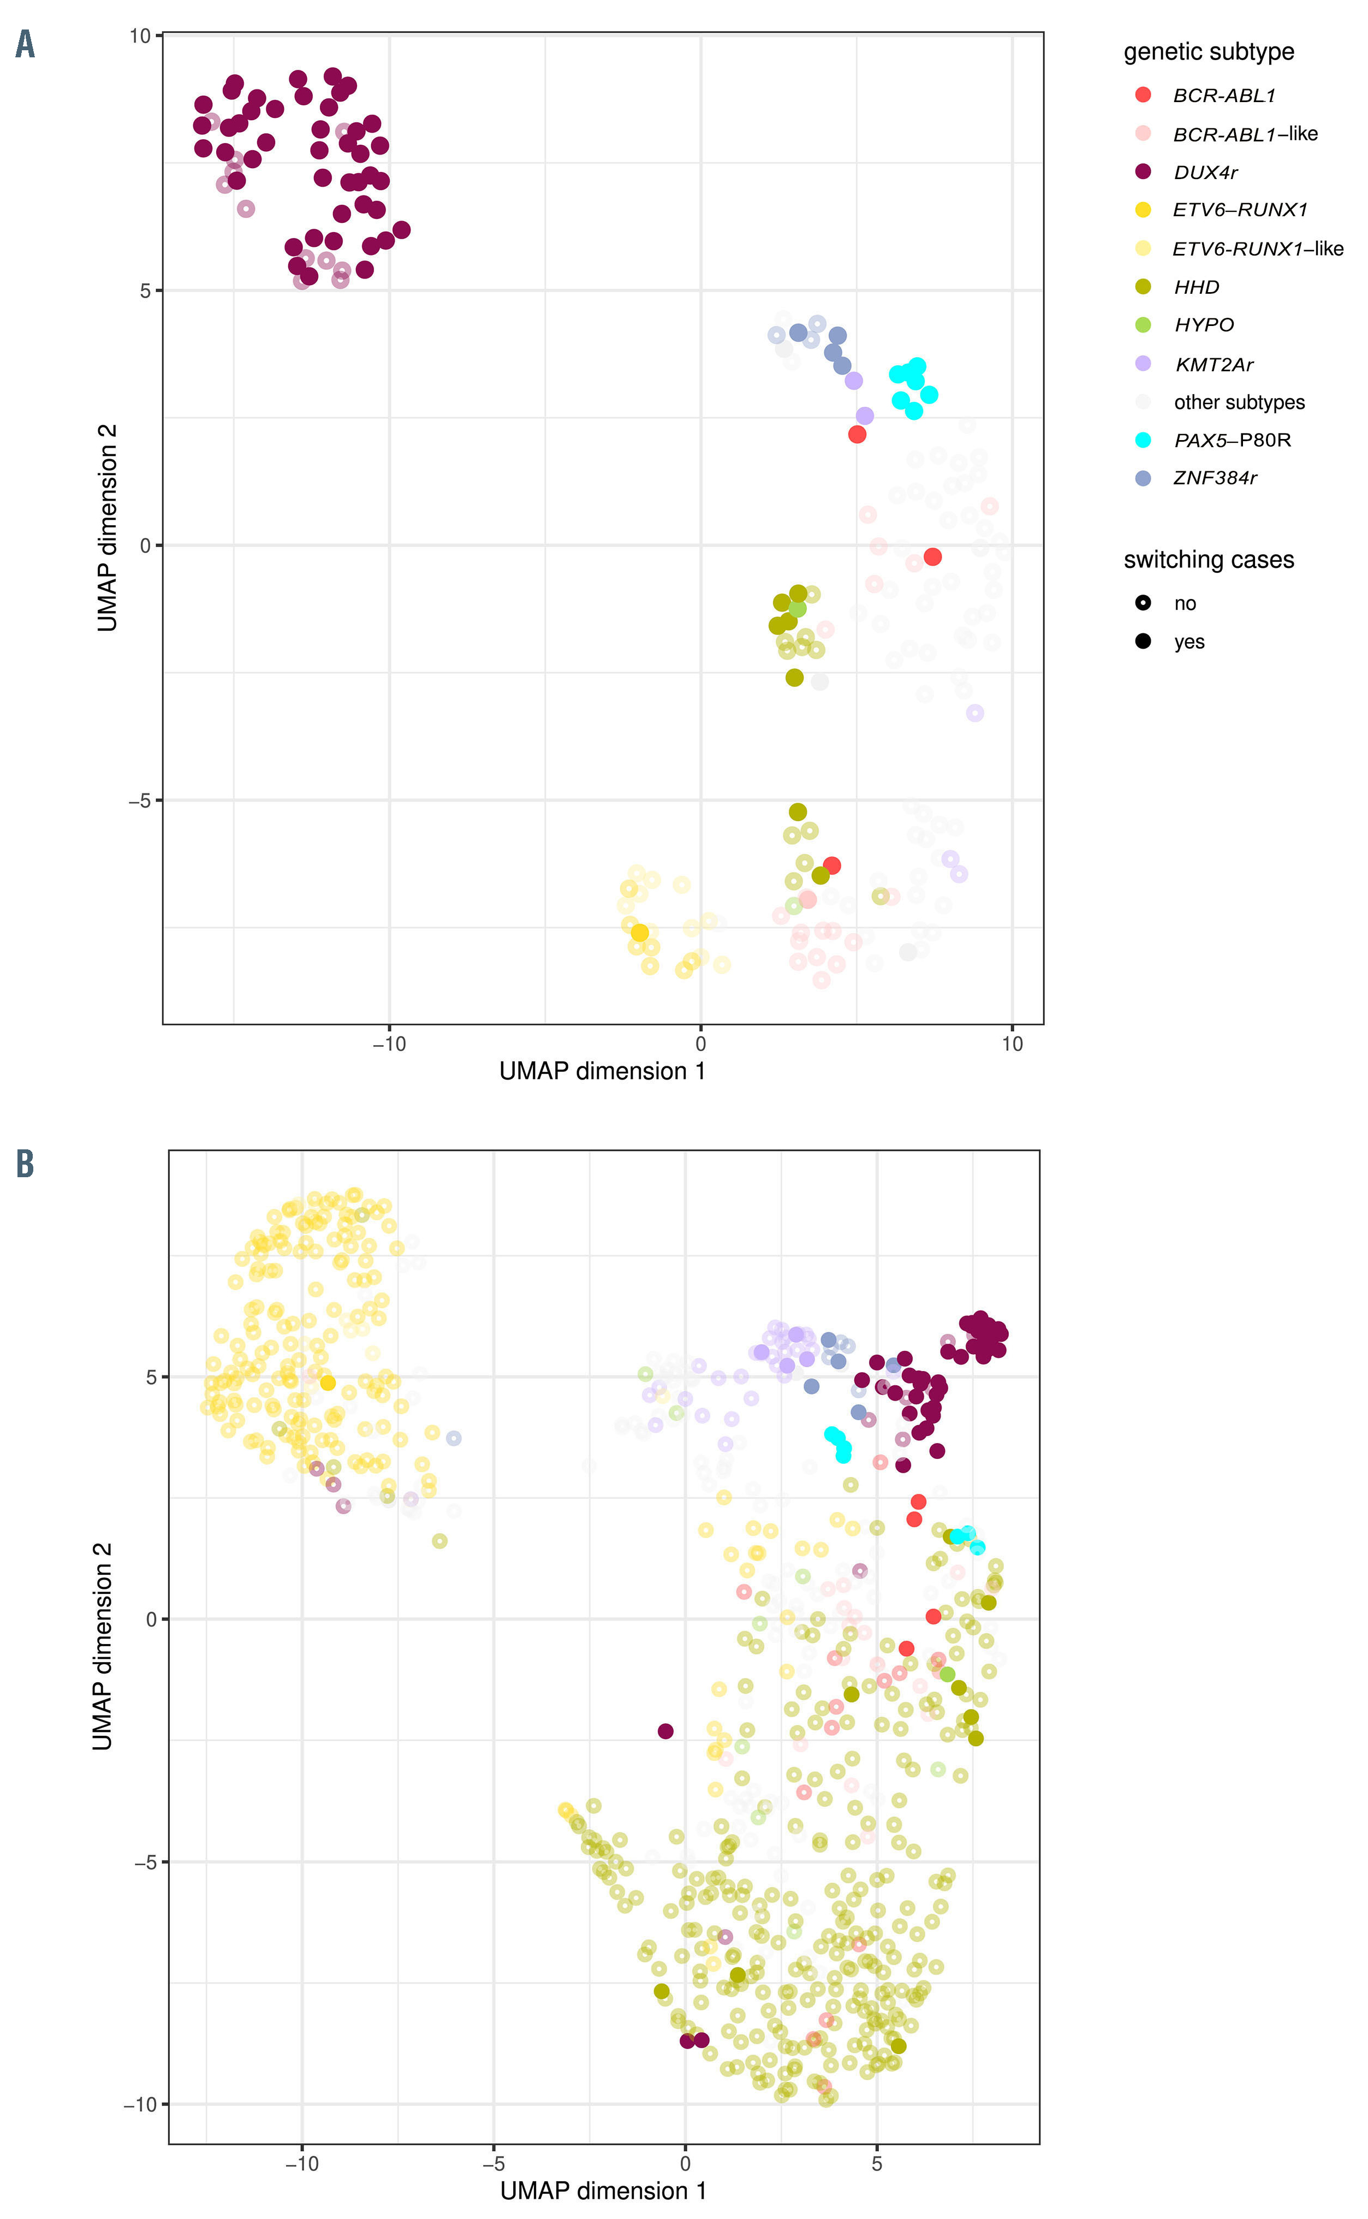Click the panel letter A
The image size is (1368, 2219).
pyautogui.click(x=25, y=44)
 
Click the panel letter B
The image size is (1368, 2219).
pyautogui.click(x=25, y=1164)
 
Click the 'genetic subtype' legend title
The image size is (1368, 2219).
pyautogui.click(x=1208, y=51)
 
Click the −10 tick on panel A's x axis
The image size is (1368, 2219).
pyautogui.click(x=389, y=1043)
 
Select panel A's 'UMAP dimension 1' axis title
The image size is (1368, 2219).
pyautogui.click(x=602, y=1071)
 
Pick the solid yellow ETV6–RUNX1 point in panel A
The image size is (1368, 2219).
pyautogui.click(x=640, y=932)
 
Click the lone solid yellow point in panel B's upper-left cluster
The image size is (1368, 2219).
pyautogui.click(x=328, y=1383)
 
